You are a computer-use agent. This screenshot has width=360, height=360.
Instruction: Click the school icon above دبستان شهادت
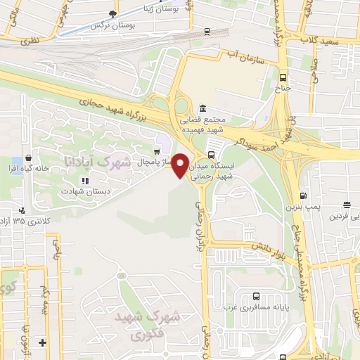click(84, 181)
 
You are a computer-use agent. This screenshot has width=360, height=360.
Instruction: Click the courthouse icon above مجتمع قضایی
click(202, 108)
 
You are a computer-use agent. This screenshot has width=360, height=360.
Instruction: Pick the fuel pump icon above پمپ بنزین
click(302, 196)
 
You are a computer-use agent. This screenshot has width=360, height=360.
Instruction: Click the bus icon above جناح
click(283, 78)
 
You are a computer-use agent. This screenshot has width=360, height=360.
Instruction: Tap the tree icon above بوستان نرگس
click(112, 14)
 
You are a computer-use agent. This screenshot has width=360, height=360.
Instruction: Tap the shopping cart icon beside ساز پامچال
click(158, 150)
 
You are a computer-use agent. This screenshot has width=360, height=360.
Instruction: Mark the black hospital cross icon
click(43, 342)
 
